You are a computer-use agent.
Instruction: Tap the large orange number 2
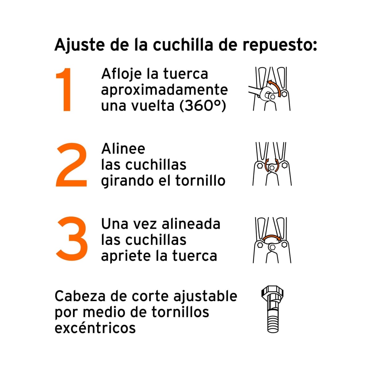pos(71,164)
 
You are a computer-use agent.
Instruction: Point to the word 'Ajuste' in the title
pos(79,45)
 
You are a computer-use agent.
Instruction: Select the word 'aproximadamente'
pos(164,90)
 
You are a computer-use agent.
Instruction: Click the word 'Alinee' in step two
pos(123,149)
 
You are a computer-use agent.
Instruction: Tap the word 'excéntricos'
pos(95,328)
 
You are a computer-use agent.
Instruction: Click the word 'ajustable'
pos(205,296)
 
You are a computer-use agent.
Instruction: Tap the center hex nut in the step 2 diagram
pos(272,168)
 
